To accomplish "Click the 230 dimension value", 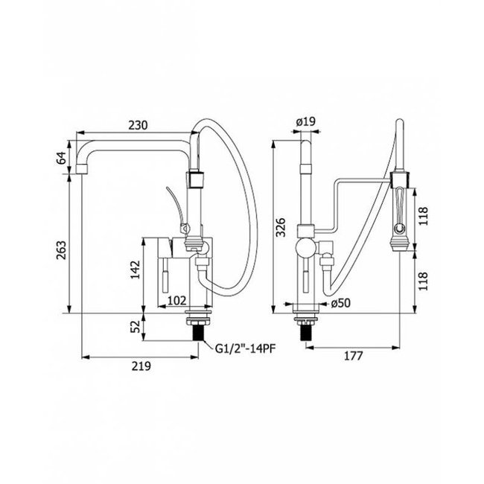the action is pos(138,125).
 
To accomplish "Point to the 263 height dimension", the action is pos(61,250).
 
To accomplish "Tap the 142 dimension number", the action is pos(135,270).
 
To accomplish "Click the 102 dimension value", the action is pos(176,300).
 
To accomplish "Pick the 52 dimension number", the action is pos(135,326).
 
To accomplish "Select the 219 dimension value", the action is pos(141,366).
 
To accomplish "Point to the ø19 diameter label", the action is pos(305,121).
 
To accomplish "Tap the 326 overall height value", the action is pos(281,227).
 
